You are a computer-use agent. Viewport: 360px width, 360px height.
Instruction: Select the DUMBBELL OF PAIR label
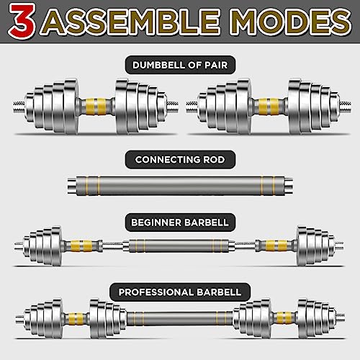pos(180,66)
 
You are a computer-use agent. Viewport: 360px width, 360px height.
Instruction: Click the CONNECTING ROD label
pos(180,159)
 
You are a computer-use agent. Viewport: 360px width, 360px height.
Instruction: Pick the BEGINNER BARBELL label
pos(180,220)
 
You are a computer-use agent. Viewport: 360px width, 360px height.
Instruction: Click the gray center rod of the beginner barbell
pos(180,245)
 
